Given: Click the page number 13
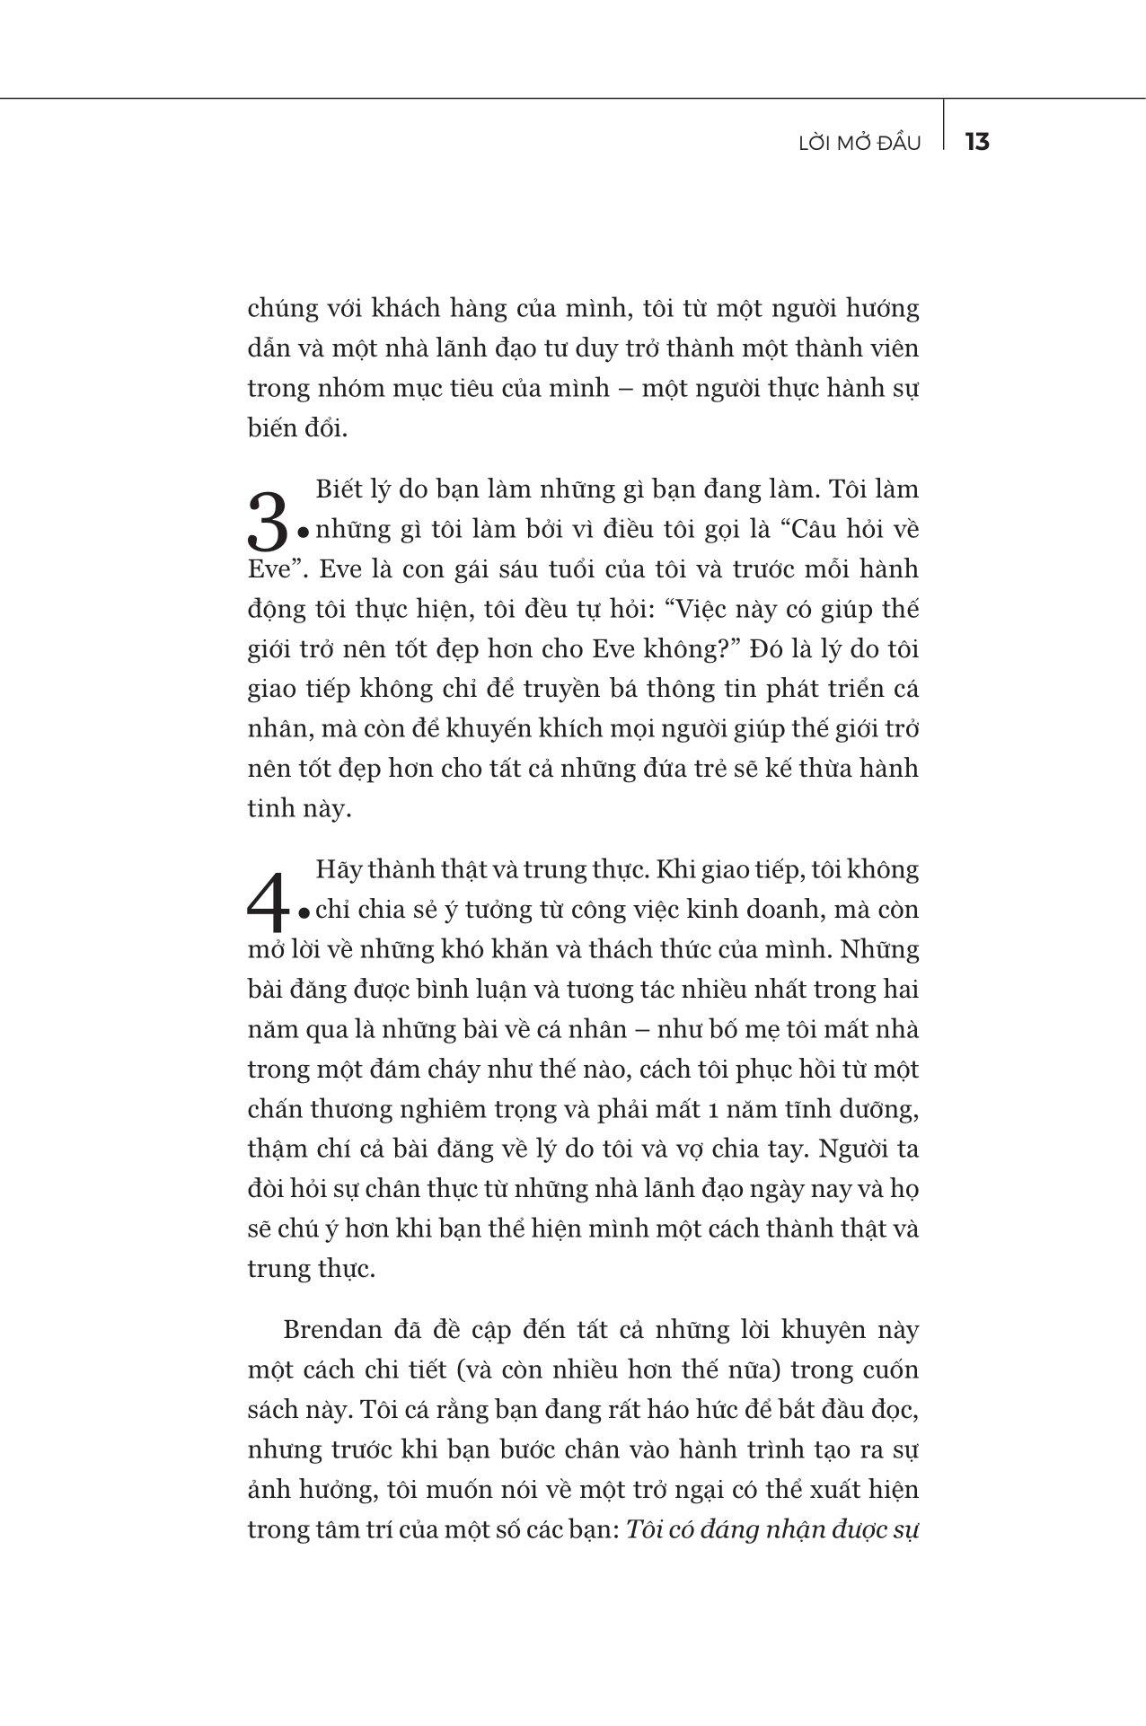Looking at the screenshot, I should (976, 142).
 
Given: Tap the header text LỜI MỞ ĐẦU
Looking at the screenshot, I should (859, 143).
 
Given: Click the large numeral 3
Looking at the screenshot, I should (268, 522).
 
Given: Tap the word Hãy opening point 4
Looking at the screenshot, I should (338, 870).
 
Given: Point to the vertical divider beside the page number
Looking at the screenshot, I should (944, 123).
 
